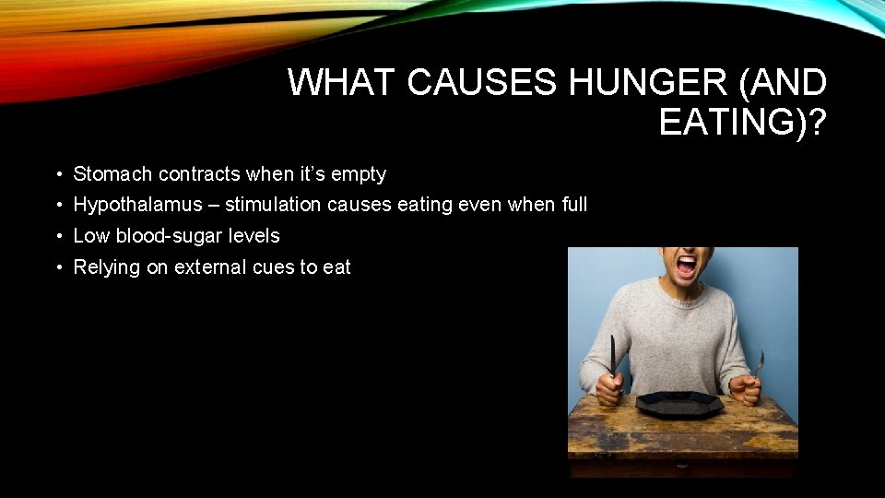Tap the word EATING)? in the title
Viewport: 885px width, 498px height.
pyautogui.click(x=742, y=122)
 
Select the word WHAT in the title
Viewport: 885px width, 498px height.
pyautogui.click(x=342, y=83)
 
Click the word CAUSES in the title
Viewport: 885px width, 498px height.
pyautogui.click(x=481, y=83)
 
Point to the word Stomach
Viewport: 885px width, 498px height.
pyautogui.click(x=112, y=173)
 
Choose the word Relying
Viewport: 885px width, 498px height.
pyautogui.click(x=107, y=267)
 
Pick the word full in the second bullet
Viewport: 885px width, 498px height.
pyautogui.click(x=573, y=205)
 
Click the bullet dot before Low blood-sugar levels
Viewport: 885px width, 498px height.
pyautogui.click(x=58, y=236)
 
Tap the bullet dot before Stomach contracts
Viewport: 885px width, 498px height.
pyautogui.click(x=58, y=173)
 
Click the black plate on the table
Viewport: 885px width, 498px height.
pyautogui.click(x=678, y=403)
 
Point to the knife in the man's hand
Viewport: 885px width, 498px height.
pyautogui.click(x=612, y=355)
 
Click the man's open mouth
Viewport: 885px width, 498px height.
pyautogui.click(x=687, y=267)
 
